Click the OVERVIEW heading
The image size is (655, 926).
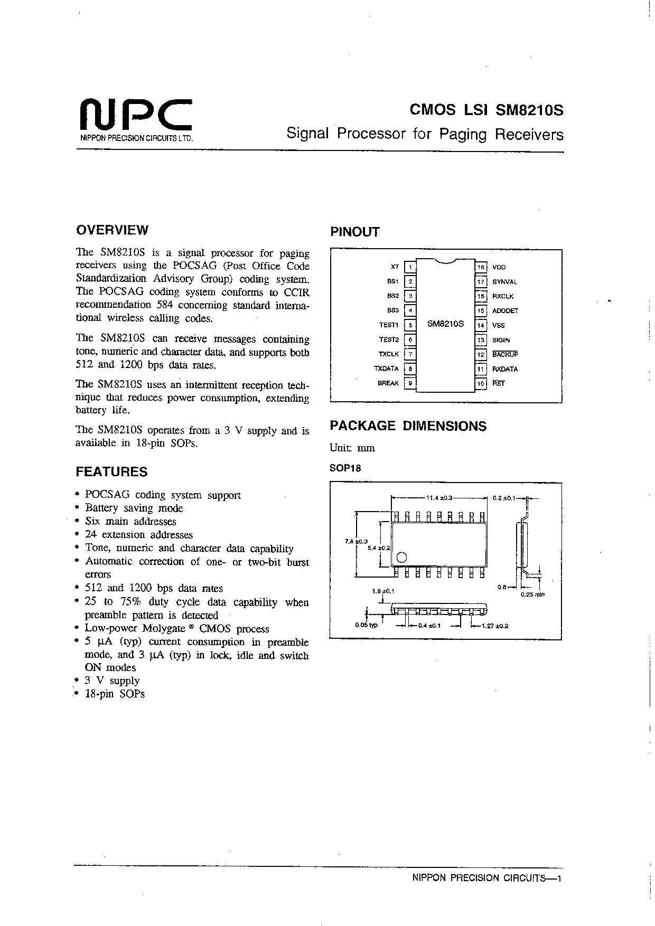[112, 230]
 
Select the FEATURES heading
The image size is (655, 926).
[111, 472]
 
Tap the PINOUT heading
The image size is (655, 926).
[355, 232]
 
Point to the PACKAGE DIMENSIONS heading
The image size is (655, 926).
[408, 426]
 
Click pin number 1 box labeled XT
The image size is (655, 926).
[410, 267]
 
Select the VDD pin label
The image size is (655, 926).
[499, 268]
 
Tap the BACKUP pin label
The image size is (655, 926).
[505, 355]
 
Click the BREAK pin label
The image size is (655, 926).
[388, 383]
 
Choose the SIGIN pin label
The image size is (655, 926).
[501, 341]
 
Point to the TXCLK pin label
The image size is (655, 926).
[389, 354]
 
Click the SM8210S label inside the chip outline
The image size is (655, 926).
[445, 324]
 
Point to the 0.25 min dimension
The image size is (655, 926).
[532, 594]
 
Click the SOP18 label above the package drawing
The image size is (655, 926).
[345, 468]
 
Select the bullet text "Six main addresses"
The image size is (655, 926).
[130, 522]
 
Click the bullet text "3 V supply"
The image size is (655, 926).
[112, 681]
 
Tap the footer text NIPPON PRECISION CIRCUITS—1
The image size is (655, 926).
[485, 878]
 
